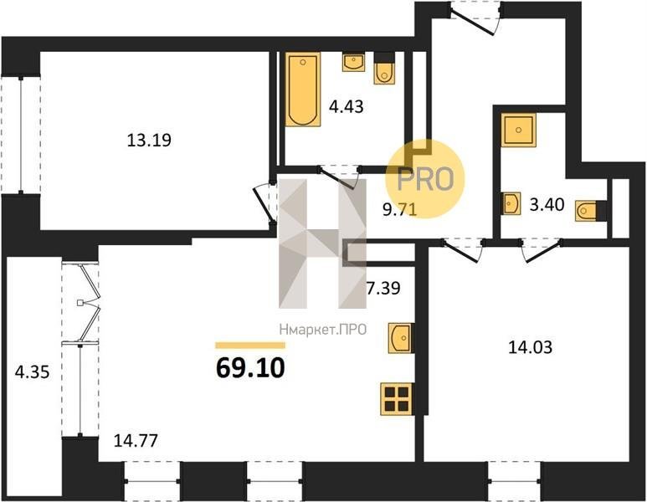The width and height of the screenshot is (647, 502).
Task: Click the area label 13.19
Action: (x=148, y=141)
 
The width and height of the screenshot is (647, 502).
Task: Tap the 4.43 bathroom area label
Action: (x=346, y=106)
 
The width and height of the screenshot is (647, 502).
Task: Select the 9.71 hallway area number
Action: (x=399, y=209)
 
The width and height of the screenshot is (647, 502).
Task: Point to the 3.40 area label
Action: (x=547, y=204)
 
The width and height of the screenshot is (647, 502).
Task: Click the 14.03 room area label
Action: (x=530, y=347)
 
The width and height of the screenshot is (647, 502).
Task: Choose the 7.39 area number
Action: (x=383, y=288)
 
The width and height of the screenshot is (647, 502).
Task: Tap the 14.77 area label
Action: (x=136, y=441)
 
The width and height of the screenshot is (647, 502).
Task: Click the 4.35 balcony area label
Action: (x=32, y=372)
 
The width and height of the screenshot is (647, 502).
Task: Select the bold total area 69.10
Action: (x=250, y=368)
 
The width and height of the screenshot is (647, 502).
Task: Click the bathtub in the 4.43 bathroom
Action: (x=303, y=89)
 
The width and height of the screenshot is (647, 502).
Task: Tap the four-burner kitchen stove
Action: (x=398, y=398)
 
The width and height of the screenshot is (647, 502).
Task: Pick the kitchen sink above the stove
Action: (x=400, y=338)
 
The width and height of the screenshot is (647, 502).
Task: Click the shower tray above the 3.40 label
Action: (x=519, y=131)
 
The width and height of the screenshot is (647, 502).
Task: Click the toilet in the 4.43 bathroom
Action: (x=384, y=69)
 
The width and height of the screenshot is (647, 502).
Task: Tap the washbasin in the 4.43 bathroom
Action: (x=353, y=62)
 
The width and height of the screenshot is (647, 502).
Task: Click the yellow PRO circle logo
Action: (x=425, y=178)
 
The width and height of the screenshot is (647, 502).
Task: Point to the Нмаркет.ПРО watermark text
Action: (x=323, y=330)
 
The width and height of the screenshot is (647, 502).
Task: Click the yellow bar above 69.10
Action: (x=250, y=346)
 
